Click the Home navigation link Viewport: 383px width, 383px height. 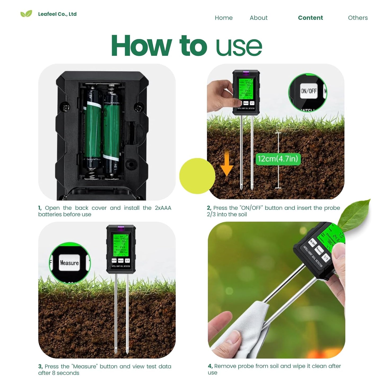[x=223, y=18]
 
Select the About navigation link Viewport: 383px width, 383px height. [x=258, y=18]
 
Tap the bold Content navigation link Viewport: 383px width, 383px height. [x=310, y=18]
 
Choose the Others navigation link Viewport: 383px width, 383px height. [x=358, y=18]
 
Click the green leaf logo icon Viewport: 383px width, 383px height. [x=26, y=14]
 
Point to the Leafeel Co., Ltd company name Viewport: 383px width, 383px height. [x=57, y=14]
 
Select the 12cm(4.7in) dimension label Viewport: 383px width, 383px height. [x=278, y=159]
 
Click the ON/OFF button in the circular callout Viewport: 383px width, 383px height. [x=309, y=91]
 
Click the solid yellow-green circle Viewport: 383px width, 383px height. [x=197, y=176]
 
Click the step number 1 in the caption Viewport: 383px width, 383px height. [x=40, y=208]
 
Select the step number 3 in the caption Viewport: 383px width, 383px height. [x=40, y=367]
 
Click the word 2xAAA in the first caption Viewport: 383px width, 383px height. [x=163, y=208]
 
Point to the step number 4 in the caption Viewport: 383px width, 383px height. [x=210, y=366]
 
